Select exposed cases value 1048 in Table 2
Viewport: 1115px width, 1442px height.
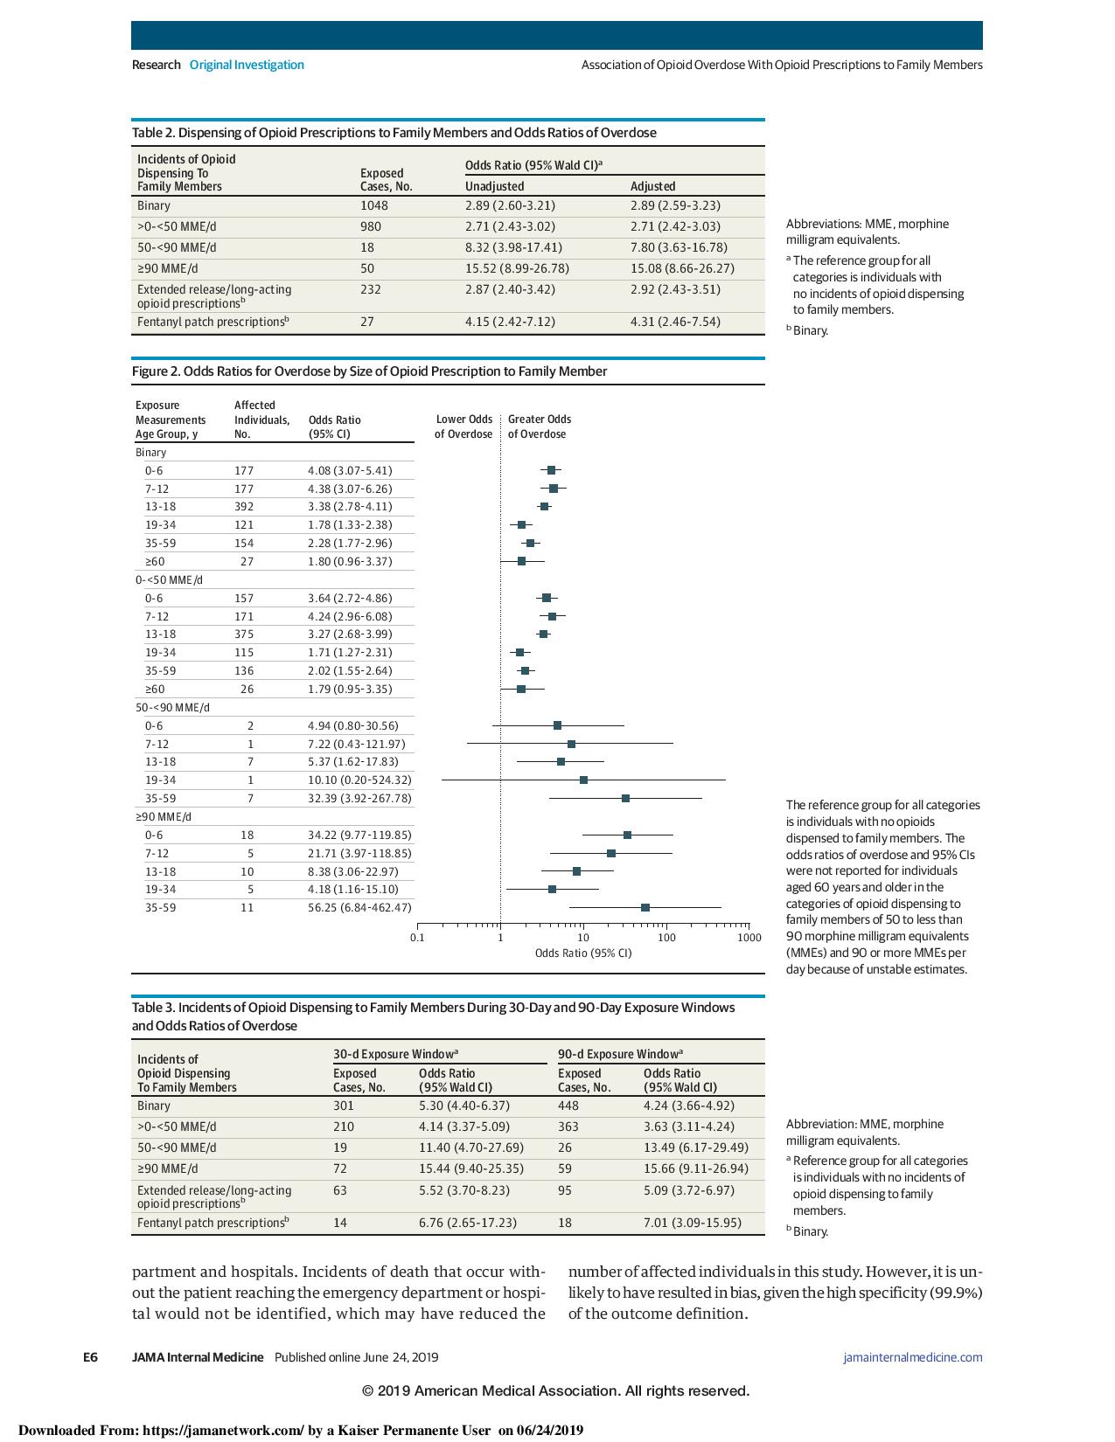374,205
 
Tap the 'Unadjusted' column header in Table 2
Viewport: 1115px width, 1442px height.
494,186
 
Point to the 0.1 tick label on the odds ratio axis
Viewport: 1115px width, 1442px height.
417,938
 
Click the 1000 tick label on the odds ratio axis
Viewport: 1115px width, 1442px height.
749,938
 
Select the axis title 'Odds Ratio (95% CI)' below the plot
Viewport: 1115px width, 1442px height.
583,953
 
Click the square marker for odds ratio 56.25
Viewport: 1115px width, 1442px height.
645,907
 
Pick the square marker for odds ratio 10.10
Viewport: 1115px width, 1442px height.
583,780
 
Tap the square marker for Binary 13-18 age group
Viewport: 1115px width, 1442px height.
545,506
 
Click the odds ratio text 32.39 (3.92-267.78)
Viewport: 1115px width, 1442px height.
359,798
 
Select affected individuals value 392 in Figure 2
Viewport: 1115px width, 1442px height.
244,506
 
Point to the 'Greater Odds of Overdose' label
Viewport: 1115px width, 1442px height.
540,426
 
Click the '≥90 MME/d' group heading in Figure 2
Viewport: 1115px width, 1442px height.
164,817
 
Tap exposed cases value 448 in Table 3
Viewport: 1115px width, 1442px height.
568,1106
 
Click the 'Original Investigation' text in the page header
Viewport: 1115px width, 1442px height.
247,65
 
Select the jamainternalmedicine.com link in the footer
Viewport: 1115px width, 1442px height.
912,1357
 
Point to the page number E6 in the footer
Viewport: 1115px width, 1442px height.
90,1357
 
